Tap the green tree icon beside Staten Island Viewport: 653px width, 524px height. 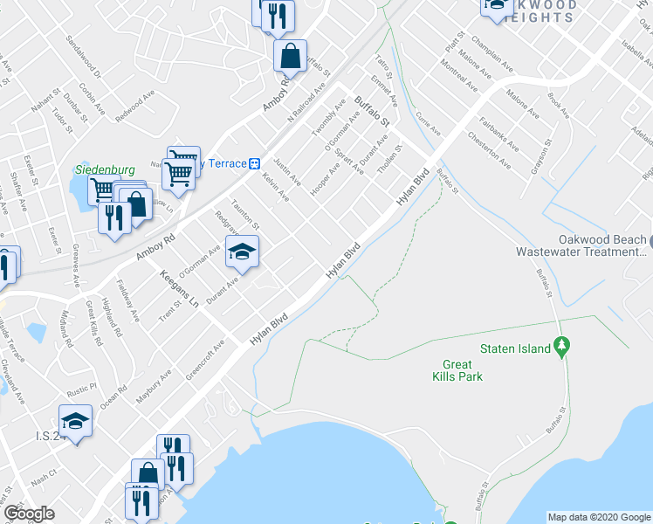[x=563, y=348]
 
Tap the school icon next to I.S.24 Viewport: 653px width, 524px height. [x=76, y=423]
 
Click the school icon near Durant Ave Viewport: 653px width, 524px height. [x=242, y=253]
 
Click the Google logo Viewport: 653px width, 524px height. [x=29, y=514]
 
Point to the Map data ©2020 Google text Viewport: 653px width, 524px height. [x=599, y=516]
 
